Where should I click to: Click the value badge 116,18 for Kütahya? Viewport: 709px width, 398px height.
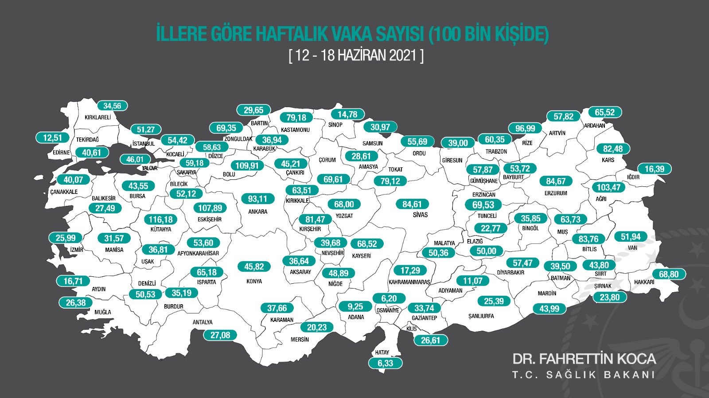point(160,220)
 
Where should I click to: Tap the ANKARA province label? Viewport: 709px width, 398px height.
point(257,212)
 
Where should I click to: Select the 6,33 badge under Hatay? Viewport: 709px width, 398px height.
point(385,363)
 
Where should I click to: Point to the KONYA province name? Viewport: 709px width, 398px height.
point(254,281)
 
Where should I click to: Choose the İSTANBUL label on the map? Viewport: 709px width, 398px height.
point(144,144)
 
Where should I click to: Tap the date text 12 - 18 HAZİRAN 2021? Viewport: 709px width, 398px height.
point(356,55)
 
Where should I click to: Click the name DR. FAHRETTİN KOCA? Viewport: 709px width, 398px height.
point(584,359)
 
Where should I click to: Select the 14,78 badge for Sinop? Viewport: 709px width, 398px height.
point(347,114)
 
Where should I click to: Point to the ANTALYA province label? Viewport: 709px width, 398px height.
point(203,322)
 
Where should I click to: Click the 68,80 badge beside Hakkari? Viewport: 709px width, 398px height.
point(668,274)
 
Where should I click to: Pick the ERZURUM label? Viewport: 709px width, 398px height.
point(556,193)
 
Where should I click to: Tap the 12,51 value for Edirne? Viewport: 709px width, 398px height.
point(52,138)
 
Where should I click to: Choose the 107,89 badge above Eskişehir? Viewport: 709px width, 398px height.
point(210,208)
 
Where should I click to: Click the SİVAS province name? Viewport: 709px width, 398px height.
point(420,215)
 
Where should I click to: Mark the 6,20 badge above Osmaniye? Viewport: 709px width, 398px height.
point(389,298)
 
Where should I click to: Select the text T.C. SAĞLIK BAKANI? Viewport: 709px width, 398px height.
point(584,375)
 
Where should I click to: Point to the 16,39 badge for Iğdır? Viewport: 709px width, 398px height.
point(654,169)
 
